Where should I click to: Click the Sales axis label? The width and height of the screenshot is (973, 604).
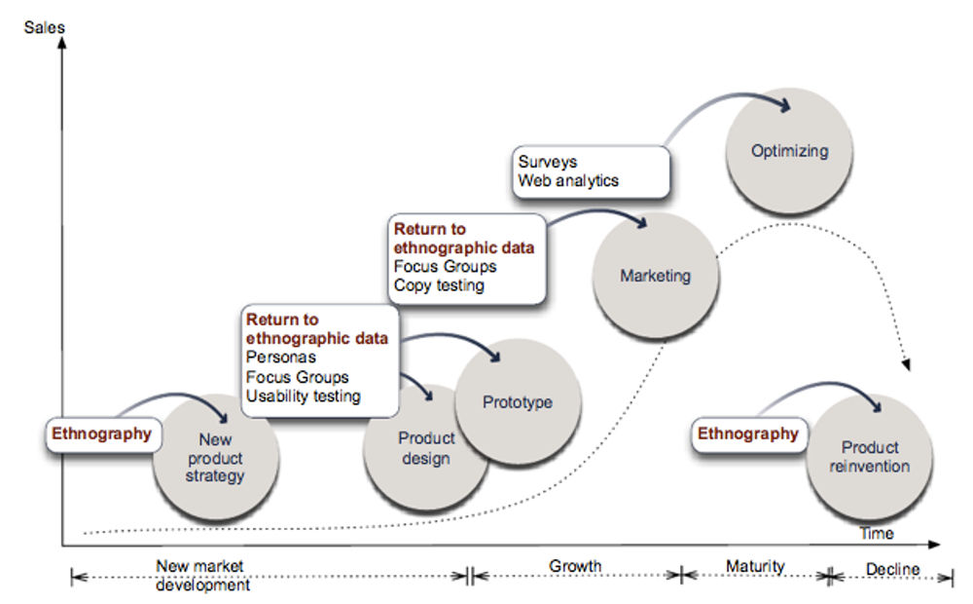coord(44,27)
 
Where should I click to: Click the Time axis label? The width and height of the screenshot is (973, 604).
coord(876,534)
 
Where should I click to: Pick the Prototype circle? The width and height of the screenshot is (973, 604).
coord(518,402)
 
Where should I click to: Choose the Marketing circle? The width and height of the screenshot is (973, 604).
coord(655,276)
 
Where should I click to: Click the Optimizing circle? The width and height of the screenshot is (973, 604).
coord(789,151)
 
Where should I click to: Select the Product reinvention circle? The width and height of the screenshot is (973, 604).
coord(870,457)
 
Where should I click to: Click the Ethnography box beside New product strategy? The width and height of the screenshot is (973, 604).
coord(101,434)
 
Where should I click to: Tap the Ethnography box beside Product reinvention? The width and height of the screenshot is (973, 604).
coord(748,434)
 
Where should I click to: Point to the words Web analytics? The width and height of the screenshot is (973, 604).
coord(568,180)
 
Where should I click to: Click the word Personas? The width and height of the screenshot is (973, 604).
coord(280,358)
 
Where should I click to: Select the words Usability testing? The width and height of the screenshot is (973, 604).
coord(303,396)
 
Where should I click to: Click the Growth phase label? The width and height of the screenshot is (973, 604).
coord(575,566)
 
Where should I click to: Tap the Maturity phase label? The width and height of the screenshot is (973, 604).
coord(755,566)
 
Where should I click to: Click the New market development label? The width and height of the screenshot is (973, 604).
coord(202,575)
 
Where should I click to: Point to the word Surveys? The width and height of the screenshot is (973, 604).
coord(547,162)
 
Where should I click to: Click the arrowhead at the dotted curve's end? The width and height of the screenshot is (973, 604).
coord(907,364)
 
